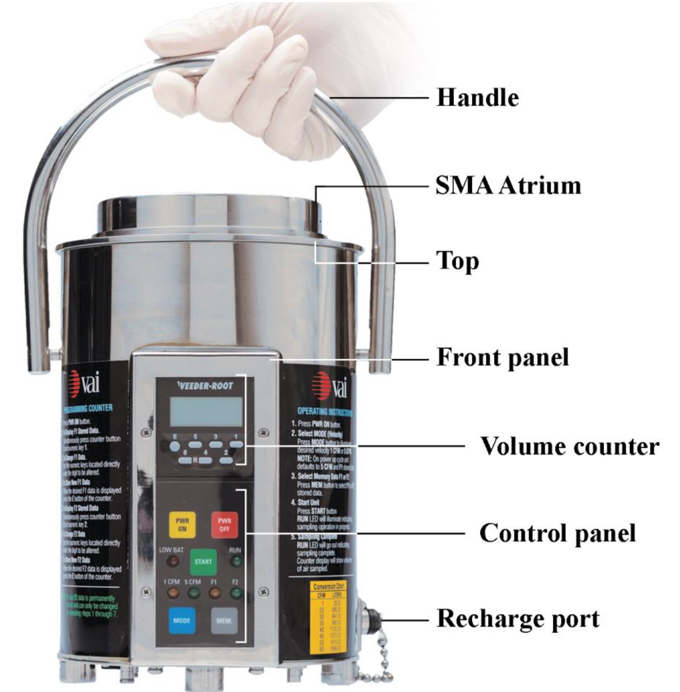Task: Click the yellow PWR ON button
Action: (x=182, y=525)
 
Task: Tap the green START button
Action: (x=203, y=561)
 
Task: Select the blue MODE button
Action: (x=181, y=620)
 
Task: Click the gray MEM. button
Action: (x=224, y=620)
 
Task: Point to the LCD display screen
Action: (x=206, y=412)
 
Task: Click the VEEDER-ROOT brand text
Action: (x=205, y=386)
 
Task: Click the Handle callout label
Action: (x=477, y=98)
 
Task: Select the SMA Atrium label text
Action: (x=508, y=186)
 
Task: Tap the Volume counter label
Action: (x=569, y=446)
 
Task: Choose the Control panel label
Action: (x=557, y=533)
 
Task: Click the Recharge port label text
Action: (x=518, y=619)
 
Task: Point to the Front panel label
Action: (x=502, y=357)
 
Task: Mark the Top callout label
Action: (x=457, y=261)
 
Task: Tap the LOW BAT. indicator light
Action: (x=172, y=561)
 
